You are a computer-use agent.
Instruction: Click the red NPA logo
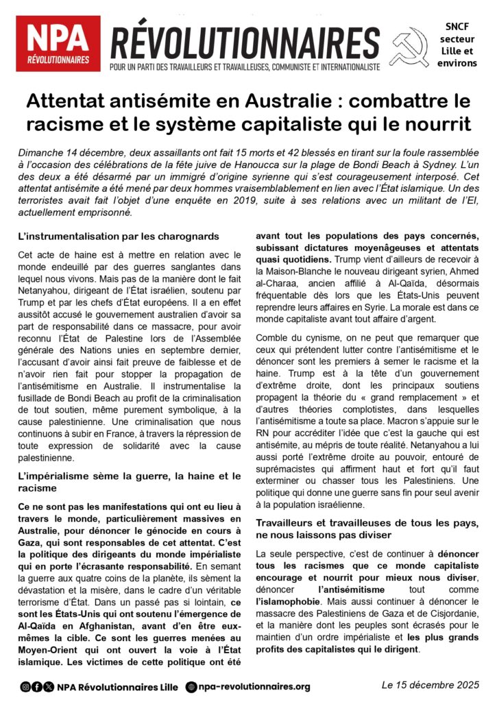tap(58, 43)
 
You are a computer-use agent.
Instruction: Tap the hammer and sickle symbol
tap(409, 45)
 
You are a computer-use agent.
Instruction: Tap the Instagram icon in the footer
tap(25, 686)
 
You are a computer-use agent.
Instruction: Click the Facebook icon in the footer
tap(36, 686)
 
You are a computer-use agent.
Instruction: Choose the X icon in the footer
tap(47, 686)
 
